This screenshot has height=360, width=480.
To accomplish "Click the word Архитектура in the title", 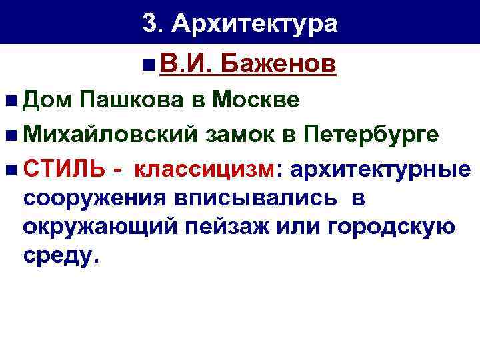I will pos(255,25).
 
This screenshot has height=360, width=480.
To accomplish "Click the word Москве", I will pos(262,101).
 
